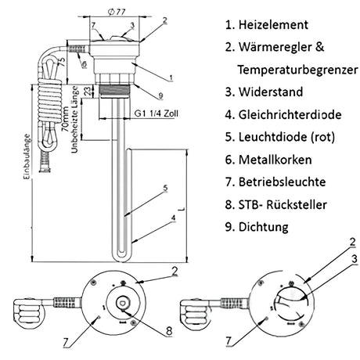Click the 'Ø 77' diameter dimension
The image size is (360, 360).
point(117,13)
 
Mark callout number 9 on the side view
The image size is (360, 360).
point(160,95)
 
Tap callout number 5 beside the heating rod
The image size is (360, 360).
point(165,188)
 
